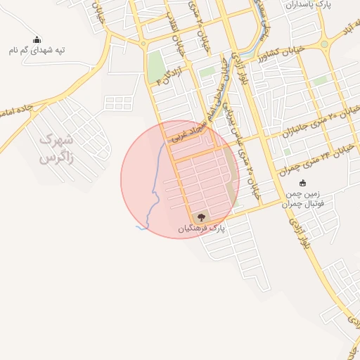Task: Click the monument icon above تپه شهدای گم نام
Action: click(x=37, y=39)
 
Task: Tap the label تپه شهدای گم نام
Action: click(x=37, y=51)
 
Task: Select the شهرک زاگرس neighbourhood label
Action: click(x=57, y=149)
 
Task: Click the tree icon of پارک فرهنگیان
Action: click(x=202, y=217)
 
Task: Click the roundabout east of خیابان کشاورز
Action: click(x=324, y=44)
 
